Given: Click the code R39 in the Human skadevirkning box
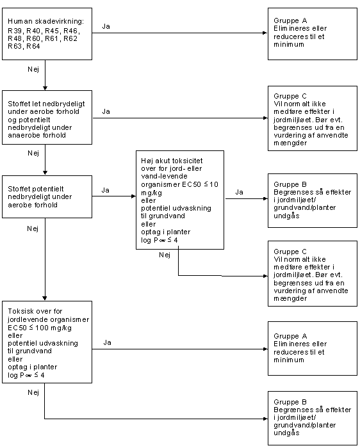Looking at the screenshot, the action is tap(14, 31).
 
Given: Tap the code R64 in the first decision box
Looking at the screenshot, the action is tap(33, 46).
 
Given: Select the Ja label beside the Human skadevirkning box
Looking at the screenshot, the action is tap(106, 26).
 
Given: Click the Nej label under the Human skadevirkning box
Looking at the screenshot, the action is tap(33, 69).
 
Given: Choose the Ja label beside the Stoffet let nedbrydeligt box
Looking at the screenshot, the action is tap(106, 111).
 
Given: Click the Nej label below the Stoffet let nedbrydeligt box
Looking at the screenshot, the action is tap(33, 154).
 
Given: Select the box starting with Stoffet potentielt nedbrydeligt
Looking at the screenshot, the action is tap(47, 197).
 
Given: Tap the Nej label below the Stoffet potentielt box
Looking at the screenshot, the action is tap(33, 229).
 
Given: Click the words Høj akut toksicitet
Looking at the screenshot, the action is tap(172, 161).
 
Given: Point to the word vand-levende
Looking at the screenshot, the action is tap(164, 176).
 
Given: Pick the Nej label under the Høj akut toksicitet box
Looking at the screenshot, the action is tap(165, 255).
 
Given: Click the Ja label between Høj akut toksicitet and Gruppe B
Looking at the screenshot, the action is tap(240, 192).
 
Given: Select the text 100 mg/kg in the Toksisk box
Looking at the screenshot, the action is tap(53, 328).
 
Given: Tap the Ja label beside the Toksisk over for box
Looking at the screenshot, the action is tap(107, 342).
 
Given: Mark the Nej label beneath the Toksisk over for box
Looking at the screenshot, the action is tap(33, 393).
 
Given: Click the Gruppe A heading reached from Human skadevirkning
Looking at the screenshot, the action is tap(290, 20).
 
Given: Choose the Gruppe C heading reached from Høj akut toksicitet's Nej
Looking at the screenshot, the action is tap(290, 252).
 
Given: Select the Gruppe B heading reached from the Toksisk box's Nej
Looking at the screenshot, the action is tap(290, 402).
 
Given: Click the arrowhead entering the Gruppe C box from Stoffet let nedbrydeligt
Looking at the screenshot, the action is tap(266, 118).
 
